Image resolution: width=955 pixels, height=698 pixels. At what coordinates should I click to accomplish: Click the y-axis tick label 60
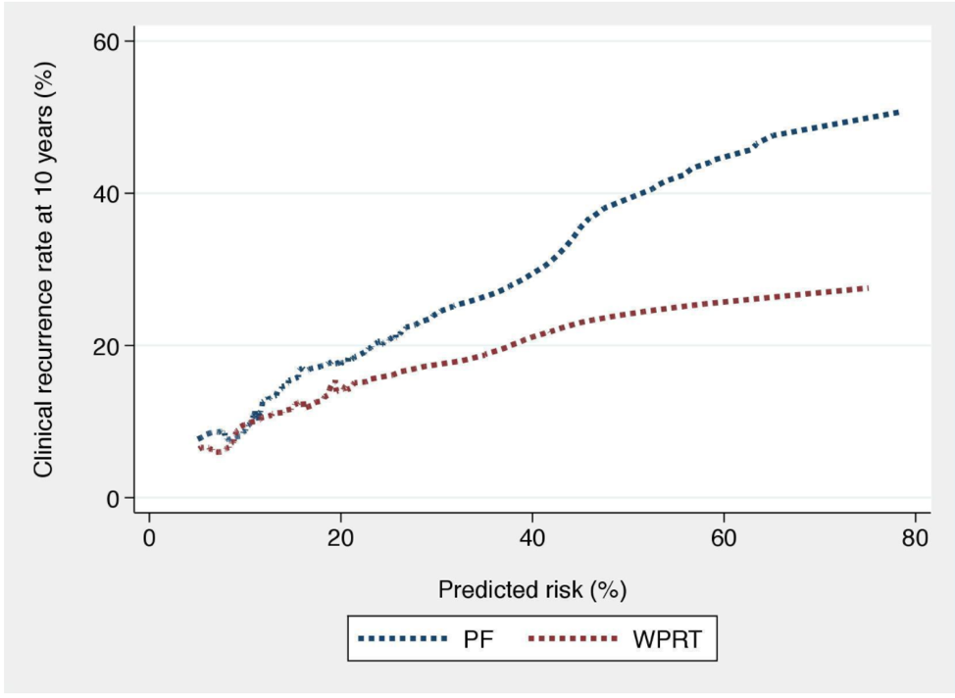click(105, 41)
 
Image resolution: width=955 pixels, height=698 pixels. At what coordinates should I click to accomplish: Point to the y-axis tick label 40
click(105, 193)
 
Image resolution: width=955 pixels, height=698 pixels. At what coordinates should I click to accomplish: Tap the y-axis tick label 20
click(105, 345)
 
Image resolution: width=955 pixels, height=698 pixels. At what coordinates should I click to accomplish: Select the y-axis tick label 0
click(112, 498)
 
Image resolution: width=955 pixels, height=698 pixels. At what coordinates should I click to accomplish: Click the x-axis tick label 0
click(149, 538)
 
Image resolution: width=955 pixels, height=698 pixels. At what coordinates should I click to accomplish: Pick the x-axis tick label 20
click(340, 538)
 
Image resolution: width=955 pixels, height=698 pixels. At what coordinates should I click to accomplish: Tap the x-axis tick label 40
click(531, 538)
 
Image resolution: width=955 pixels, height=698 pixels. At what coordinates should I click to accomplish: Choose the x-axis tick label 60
click(724, 538)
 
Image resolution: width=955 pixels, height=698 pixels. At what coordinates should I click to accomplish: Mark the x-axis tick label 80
click(915, 538)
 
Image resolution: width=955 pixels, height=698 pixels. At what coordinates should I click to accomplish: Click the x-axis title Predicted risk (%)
click(532, 589)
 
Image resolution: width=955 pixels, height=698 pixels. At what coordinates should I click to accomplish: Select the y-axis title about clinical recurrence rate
click(43, 270)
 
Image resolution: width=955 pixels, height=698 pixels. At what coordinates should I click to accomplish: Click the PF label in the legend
click(478, 639)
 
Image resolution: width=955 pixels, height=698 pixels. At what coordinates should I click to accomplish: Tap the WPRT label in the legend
click(668, 639)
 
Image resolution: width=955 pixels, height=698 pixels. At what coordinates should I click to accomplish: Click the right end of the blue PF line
click(898, 113)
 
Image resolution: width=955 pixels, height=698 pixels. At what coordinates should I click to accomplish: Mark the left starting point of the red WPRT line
click(200, 448)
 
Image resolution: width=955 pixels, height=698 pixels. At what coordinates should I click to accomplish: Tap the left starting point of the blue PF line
click(199, 438)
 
